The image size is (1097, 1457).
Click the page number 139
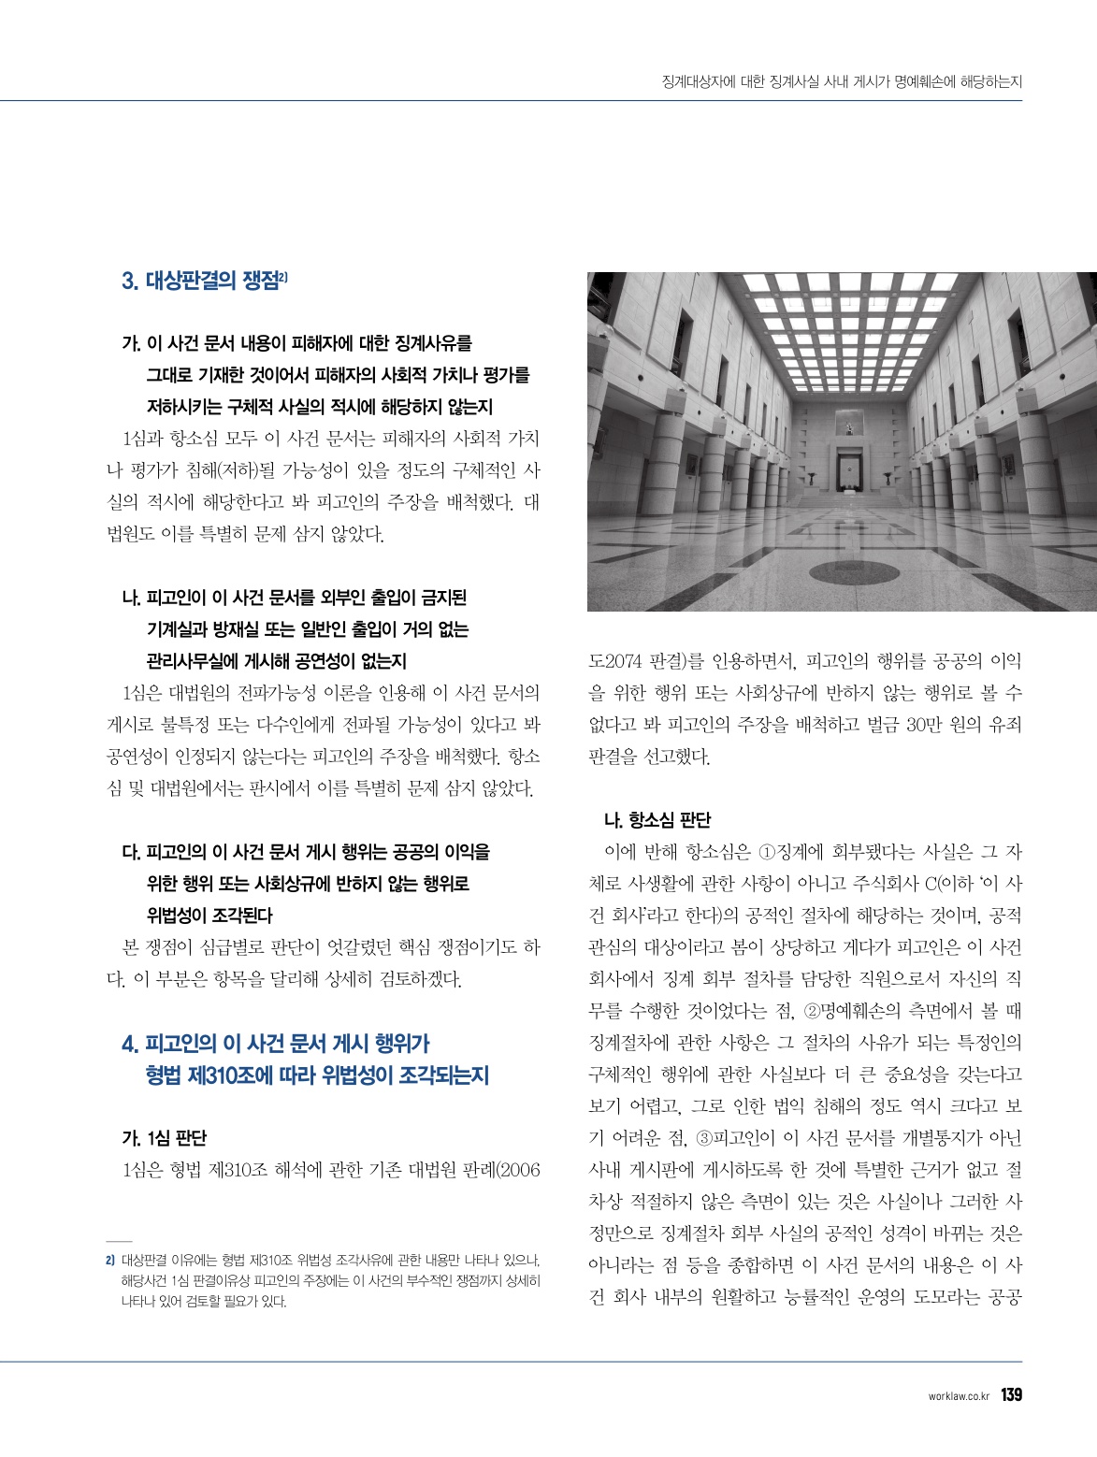coord(1011,1395)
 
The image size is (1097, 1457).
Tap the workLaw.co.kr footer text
coord(959,1396)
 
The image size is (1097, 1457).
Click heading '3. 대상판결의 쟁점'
coord(200,281)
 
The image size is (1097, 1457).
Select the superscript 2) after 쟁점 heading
coord(284,276)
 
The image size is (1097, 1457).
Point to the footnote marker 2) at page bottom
coord(110,1260)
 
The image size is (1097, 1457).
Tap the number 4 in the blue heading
coord(129,1045)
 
